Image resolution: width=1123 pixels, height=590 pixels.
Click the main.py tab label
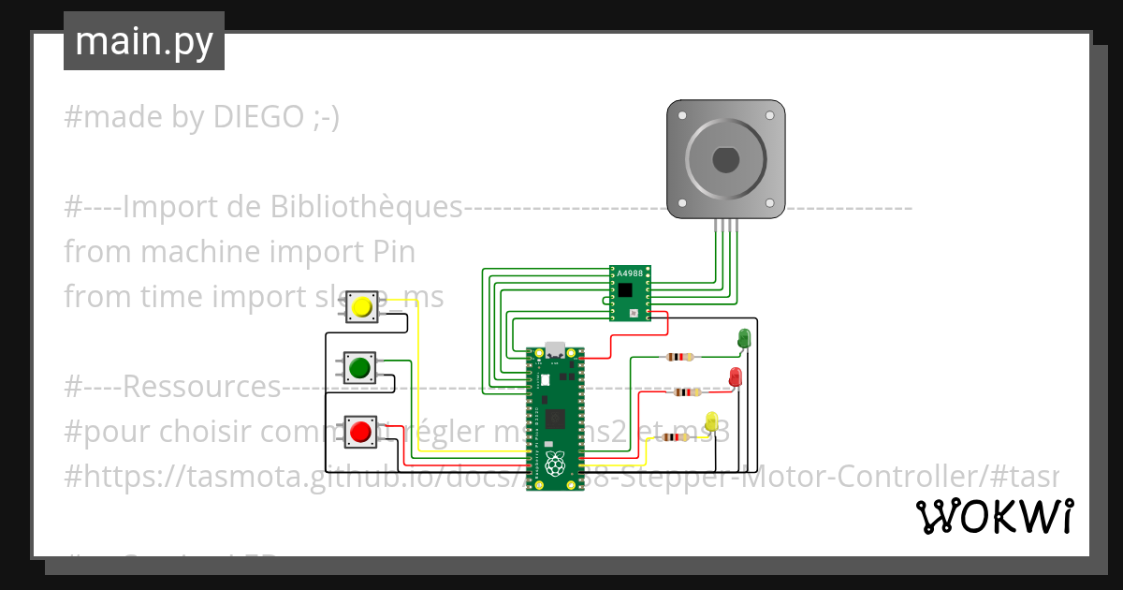point(143,41)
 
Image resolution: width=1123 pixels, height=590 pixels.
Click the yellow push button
point(361,306)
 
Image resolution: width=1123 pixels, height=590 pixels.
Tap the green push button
point(359,368)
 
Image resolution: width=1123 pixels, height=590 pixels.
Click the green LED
point(745,338)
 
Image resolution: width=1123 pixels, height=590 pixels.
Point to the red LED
point(736,377)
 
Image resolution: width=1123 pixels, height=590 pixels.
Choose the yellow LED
point(711,422)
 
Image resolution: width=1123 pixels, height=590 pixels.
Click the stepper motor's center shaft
point(725,160)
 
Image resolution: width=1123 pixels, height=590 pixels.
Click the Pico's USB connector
point(556,349)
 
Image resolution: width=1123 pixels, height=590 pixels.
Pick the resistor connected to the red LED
point(687,392)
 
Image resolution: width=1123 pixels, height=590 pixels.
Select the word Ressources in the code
point(201,386)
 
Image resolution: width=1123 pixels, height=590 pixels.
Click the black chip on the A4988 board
point(624,290)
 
